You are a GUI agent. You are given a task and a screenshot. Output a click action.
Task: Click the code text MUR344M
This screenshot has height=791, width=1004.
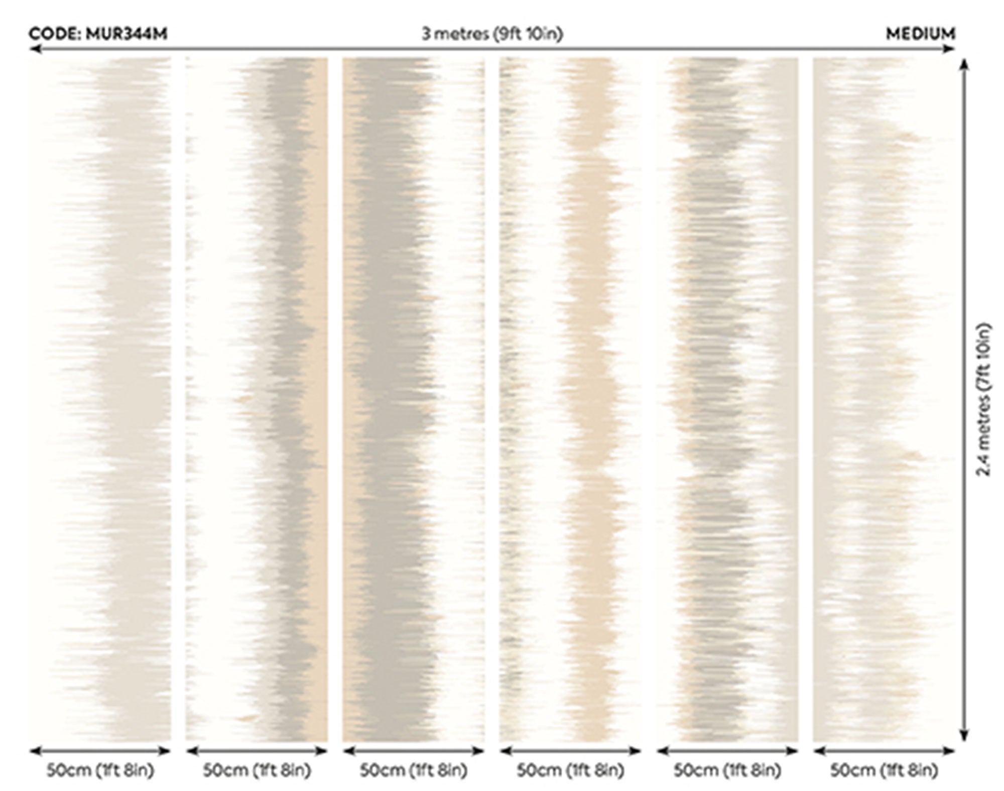click(x=127, y=34)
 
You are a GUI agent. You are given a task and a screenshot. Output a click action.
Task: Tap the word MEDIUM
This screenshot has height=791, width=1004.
click(x=920, y=34)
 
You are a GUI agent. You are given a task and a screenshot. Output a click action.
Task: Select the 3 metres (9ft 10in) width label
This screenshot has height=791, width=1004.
click(x=492, y=34)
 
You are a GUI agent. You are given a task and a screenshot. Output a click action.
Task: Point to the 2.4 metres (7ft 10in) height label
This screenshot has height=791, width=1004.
click(x=984, y=399)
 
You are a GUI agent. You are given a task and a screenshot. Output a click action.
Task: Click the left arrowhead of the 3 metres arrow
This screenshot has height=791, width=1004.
click(x=34, y=49)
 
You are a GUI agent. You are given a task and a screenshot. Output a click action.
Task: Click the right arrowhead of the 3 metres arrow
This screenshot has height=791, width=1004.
click(x=950, y=49)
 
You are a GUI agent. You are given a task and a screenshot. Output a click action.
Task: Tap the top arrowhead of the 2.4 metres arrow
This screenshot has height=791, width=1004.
click(x=964, y=64)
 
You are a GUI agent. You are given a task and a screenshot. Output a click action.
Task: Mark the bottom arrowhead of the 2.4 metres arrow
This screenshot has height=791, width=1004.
click(x=964, y=735)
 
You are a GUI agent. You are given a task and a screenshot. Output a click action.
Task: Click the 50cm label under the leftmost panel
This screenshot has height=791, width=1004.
click(x=100, y=770)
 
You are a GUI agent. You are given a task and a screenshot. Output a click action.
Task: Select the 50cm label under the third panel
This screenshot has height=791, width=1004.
click(x=414, y=770)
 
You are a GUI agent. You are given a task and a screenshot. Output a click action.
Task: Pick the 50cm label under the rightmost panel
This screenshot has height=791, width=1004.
click(x=884, y=770)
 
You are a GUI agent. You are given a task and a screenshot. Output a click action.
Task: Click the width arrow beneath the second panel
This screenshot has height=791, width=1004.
click(x=257, y=751)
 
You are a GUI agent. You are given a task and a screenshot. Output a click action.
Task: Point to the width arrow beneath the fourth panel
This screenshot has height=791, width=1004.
click(x=570, y=751)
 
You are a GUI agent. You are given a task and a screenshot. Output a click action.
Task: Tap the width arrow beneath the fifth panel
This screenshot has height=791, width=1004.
click(x=727, y=751)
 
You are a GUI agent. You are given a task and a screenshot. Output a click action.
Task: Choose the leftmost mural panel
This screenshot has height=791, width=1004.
click(x=100, y=399)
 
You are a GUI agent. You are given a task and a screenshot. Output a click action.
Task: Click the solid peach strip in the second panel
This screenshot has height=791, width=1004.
click(x=320, y=399)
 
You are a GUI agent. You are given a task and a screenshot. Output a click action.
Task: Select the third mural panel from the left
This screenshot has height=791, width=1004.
click(x=414, y=399)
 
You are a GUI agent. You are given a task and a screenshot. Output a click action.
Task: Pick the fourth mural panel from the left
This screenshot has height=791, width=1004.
click(x=570, y=399)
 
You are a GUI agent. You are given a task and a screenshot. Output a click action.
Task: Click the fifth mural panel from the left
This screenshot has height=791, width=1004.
click(x=727, y=399)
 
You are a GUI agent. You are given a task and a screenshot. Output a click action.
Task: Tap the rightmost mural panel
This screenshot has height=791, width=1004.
click(x=884, y=399)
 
